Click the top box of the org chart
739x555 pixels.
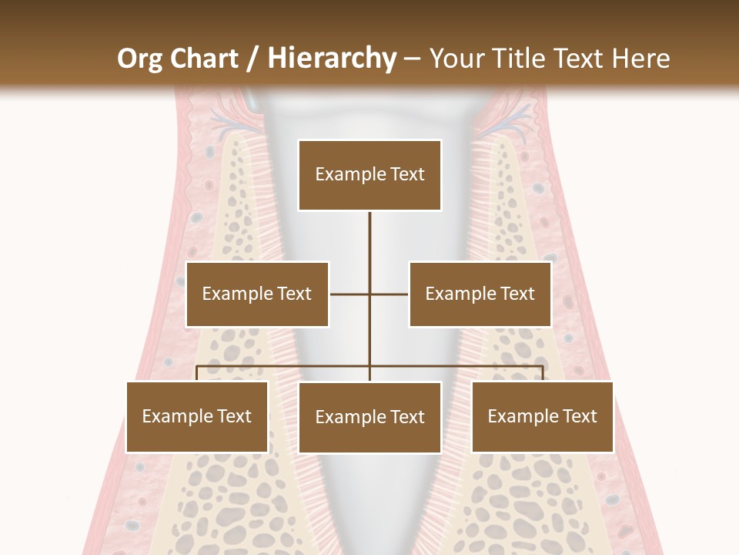pyautogui.click(x=369, y=175)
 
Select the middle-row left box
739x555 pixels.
pyautogui.click(x=257, y=294)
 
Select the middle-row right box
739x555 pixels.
pyautogui.click(x=480, y=294)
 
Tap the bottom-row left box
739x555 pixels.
pyautogui.click(x=197, y=417)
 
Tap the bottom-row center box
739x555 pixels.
pyautogui.click(x=369, y=417)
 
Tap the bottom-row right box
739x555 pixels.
pyautogui.click(x=542, y=417)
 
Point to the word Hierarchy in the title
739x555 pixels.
pyautogui.click(x=332, y=59)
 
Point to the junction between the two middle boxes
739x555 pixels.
pyautogui.click(x=369, y=294)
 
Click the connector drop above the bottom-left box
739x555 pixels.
pyautogui.click(x=197, y=373)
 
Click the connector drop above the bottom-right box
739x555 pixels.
pyautogui.click(x=542, y=373)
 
